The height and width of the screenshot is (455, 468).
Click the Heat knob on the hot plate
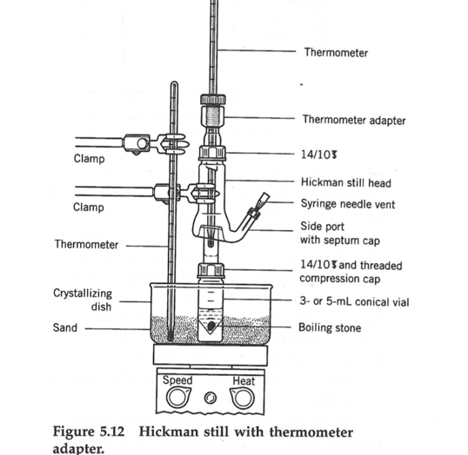click(x=241, y=396)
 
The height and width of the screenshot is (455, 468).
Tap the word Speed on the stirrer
click(x=178, y=380)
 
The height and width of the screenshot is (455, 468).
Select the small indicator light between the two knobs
click(x=208, y=398)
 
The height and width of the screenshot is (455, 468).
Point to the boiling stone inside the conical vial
click(x=210, y=327)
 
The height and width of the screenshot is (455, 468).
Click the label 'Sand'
click(x=65, y=329)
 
